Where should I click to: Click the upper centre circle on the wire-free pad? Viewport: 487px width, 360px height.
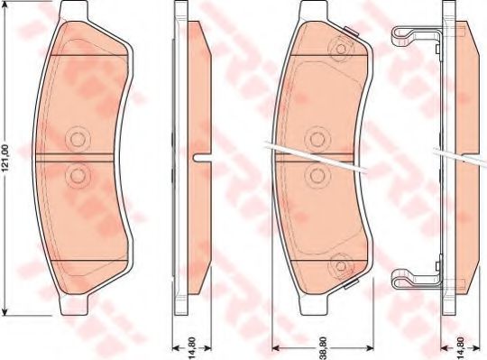tap(77, 138)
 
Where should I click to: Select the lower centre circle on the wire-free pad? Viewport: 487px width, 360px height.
tap(77, 175)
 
